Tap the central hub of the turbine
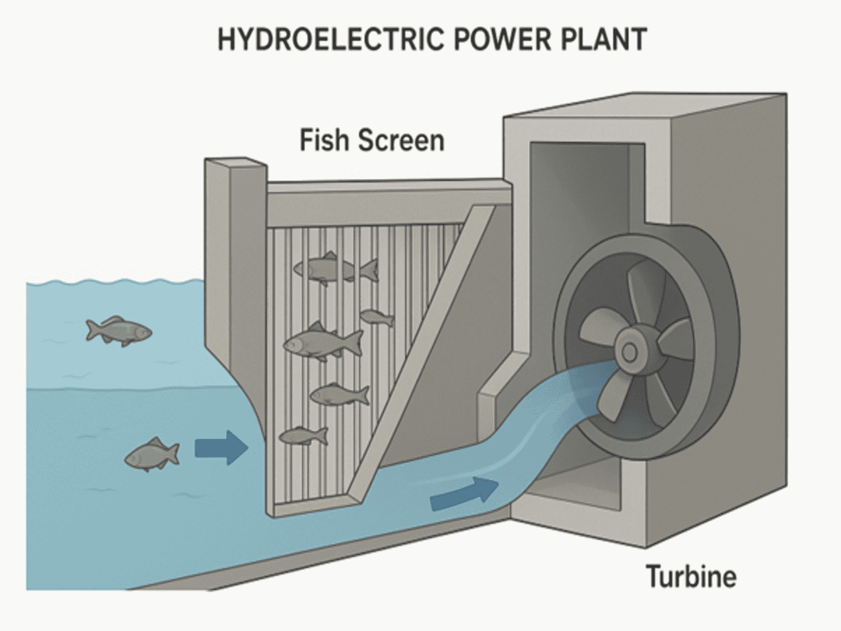point(629,352)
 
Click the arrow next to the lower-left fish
point(221,448)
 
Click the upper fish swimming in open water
point(119,331)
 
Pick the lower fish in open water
point(152,454)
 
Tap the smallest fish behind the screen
point(376,317)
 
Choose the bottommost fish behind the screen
point(303,435)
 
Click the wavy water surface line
point(116,284)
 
